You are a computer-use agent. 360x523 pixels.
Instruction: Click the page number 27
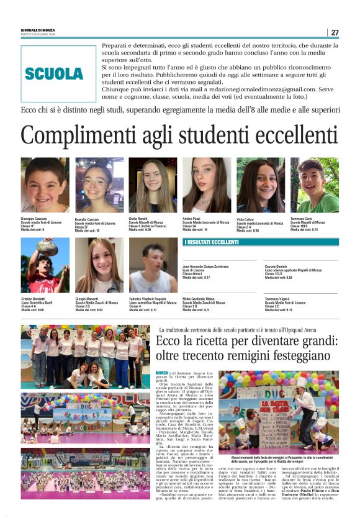pos(335,32)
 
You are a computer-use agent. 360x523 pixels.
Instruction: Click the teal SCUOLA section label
pos(54,74)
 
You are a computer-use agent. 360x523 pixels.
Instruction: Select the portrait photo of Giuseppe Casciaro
pos(45,185)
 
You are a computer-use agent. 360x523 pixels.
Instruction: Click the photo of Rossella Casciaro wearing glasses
pos(99,185)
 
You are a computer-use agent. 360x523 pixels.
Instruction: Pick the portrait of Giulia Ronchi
pos(153,185)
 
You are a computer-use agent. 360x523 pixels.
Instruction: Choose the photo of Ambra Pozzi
pos(207,185)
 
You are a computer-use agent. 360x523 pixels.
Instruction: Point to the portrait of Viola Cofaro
pos(261,185)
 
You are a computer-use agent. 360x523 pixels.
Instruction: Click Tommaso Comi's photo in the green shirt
pos(315,185)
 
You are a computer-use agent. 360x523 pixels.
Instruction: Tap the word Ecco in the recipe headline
pos(168,342)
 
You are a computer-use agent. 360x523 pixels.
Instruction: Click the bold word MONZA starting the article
pos(163,371)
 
